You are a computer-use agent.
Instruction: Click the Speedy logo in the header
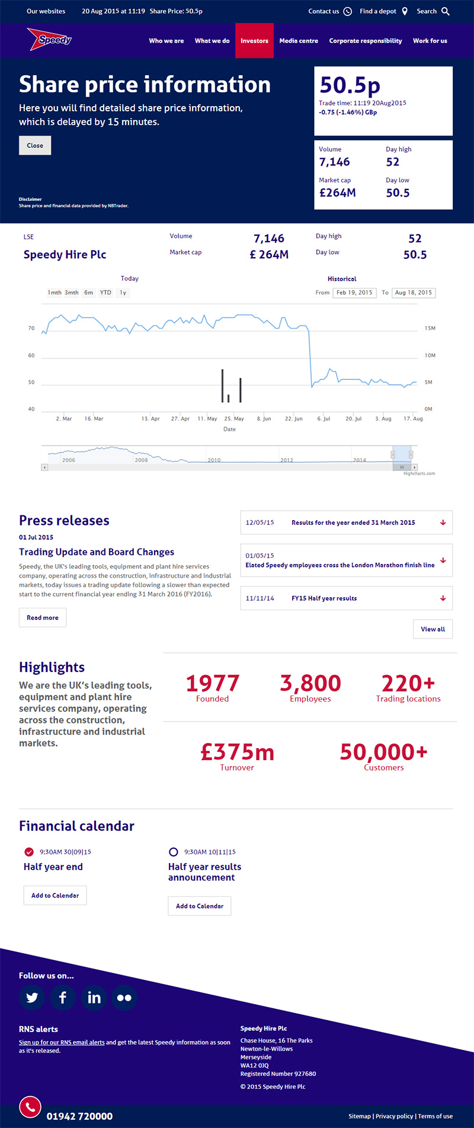(50, 40)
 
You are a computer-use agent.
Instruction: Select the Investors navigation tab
(254, 41)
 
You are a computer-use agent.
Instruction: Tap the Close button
(35, 146)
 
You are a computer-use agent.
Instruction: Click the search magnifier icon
(446, 11)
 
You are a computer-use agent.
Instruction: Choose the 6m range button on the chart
(88, 293)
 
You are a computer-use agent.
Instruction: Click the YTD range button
(105, 293)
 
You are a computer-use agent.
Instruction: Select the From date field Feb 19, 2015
(354, 293)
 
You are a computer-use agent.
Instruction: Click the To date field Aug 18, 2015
(413, 293)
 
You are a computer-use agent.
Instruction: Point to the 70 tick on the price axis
(31, 328)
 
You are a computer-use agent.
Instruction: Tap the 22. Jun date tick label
(293, 419)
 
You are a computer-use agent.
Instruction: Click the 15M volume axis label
(430, 328)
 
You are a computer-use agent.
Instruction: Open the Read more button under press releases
(43, 617)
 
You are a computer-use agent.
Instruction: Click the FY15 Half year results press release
(324, 598)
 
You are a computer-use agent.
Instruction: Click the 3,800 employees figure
(310, 684)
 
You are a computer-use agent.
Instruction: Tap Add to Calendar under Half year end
(55, 895)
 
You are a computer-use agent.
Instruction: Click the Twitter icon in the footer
(32, 998)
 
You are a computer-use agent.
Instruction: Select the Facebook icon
(63, 998)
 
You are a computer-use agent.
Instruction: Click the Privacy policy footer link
(394, 1116)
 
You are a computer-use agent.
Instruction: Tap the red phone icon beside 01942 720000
(30, 1106)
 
